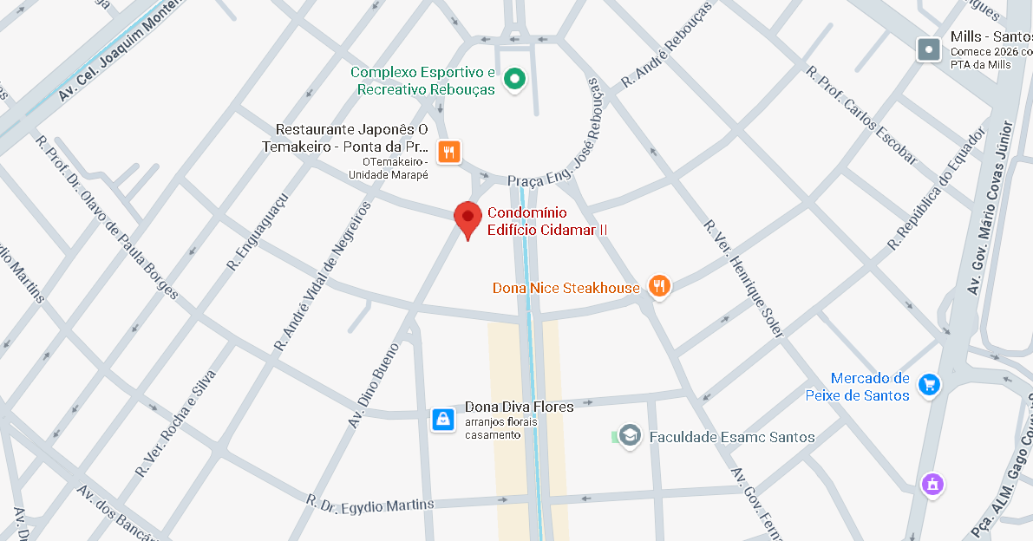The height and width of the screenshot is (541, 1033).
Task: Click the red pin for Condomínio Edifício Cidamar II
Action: click(x=467, y=218)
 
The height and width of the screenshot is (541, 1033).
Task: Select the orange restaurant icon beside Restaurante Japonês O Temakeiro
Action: click(x=448, y=153)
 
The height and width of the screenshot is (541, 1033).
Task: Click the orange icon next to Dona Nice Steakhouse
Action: click(x=660, y=286)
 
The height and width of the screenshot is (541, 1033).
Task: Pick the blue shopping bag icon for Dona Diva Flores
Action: click(x=443, y=420)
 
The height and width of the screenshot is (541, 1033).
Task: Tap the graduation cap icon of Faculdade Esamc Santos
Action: click(x=630, y=436)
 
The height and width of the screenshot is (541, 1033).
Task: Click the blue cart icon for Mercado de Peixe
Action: click(x=930, y=385)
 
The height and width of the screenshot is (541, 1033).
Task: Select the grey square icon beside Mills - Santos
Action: click(x=929, y=49)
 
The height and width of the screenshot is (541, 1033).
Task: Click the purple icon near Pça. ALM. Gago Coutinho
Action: click(x=932, y=483)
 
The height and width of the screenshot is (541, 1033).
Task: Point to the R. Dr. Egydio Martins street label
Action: click(x=370, y=503)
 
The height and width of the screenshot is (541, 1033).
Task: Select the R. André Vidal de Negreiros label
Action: click(x=324, y=276)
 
